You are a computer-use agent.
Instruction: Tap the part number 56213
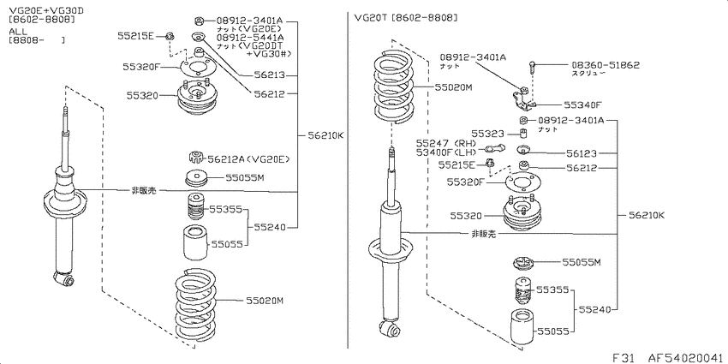269,75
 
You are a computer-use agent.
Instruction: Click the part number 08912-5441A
250,37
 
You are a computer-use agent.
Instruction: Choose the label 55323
487,134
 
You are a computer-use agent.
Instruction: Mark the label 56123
582,153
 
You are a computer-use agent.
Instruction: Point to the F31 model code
623,357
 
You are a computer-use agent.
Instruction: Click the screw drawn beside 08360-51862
532,69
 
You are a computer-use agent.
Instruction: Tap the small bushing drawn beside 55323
522,134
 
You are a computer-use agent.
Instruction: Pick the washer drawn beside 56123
522,151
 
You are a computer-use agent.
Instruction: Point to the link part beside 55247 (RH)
494,148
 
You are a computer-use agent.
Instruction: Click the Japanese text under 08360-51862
589,74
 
